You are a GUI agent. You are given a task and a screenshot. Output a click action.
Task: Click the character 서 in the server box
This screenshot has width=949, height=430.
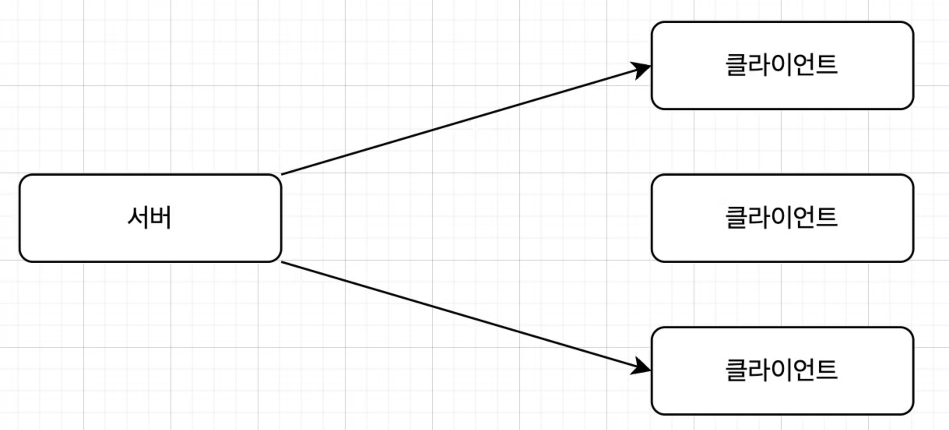coord(138,218)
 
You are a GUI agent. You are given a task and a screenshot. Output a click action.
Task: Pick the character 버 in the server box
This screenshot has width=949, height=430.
coord(161,218)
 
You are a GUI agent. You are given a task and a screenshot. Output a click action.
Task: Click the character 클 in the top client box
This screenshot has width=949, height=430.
coord(736,65)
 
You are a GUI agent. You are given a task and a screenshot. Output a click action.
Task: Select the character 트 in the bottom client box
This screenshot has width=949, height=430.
coord(826,370)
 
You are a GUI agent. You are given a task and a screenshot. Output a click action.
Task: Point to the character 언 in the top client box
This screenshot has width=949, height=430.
coord(803,65)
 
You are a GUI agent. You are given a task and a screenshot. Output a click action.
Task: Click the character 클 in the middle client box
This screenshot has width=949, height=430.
coord(736,217)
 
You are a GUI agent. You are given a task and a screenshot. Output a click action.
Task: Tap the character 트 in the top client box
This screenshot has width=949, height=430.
coord(826,65)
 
